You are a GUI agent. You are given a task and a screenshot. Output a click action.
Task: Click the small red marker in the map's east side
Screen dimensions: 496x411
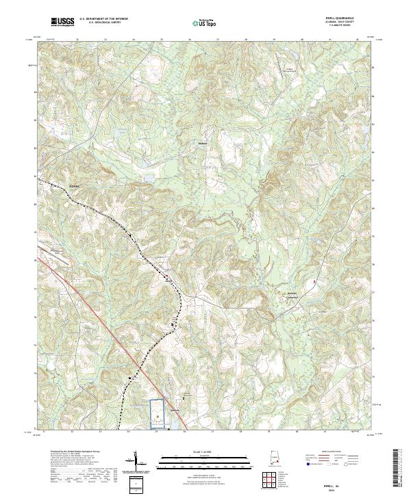pyautogui.click(x=314, y=281)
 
